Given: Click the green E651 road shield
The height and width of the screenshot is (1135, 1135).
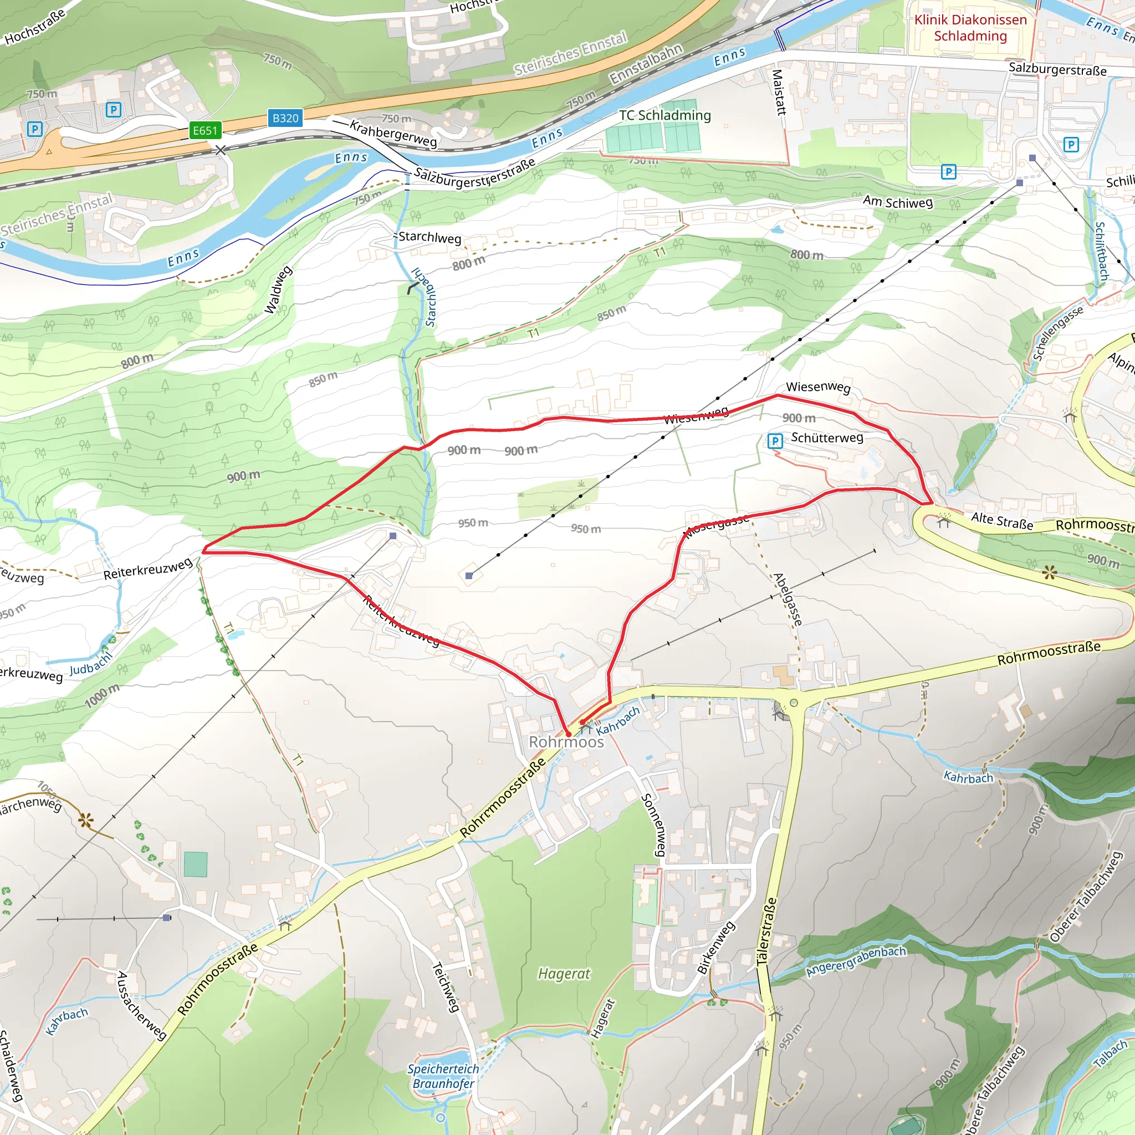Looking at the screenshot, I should [205, 130].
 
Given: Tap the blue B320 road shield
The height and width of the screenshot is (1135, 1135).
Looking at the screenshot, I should [285, 118].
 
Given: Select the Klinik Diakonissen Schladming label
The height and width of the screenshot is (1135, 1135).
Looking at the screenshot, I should [970, 28].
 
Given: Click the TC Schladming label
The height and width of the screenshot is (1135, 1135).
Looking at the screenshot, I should [664, 115].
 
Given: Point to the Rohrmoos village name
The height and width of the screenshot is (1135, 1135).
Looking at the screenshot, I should [566, 742].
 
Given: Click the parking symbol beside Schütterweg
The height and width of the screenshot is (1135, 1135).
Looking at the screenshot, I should [775, 441].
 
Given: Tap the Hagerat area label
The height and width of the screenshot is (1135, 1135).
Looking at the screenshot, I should [564, 974].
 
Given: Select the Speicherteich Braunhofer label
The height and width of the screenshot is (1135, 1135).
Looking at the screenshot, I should [443, 1076].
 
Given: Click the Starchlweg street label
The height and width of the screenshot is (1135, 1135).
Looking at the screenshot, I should [430, 237].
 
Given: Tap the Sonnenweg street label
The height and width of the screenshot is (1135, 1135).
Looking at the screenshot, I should [653, 825].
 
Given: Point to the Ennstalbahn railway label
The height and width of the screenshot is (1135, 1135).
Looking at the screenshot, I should [646, 64].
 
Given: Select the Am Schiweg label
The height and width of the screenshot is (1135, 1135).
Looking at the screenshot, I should [897, 202].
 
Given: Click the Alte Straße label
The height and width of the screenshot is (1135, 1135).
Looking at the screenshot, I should [1001, 520].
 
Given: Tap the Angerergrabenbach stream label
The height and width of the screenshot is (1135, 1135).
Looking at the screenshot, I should [855, 962].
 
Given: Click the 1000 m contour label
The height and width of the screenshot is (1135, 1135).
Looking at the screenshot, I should [101, 696].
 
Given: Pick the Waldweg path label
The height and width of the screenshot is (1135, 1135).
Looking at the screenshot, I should [278, 290].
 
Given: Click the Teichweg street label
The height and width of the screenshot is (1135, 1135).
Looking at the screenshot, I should [446, 987].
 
